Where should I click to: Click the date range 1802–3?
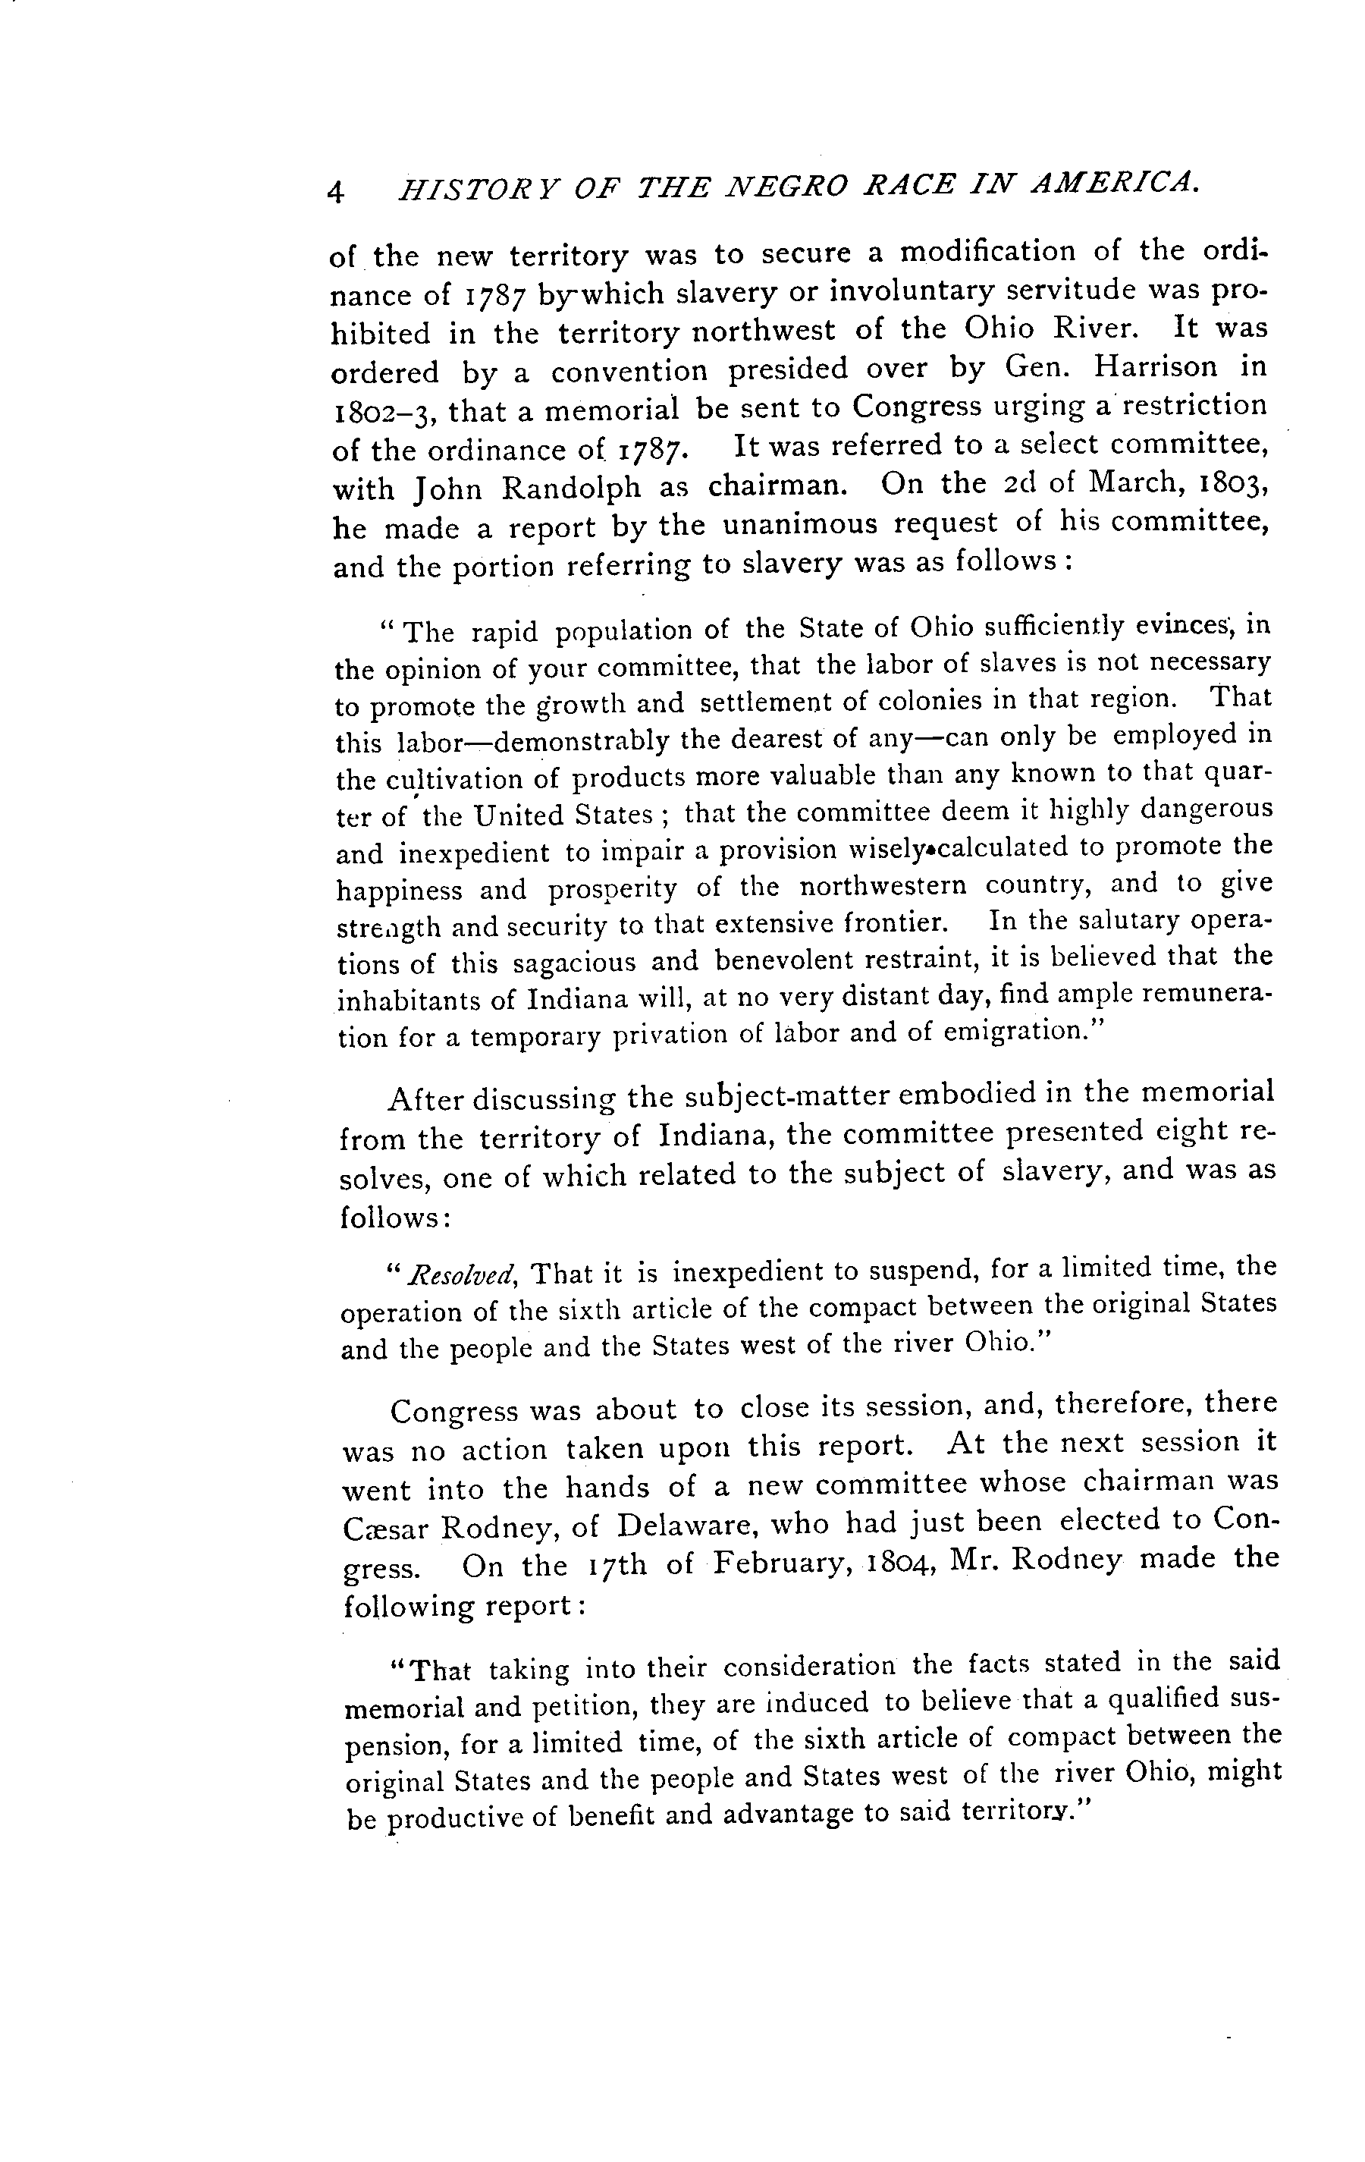(x=384, y=412)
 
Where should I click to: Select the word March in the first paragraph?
(x=1137, y=482)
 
